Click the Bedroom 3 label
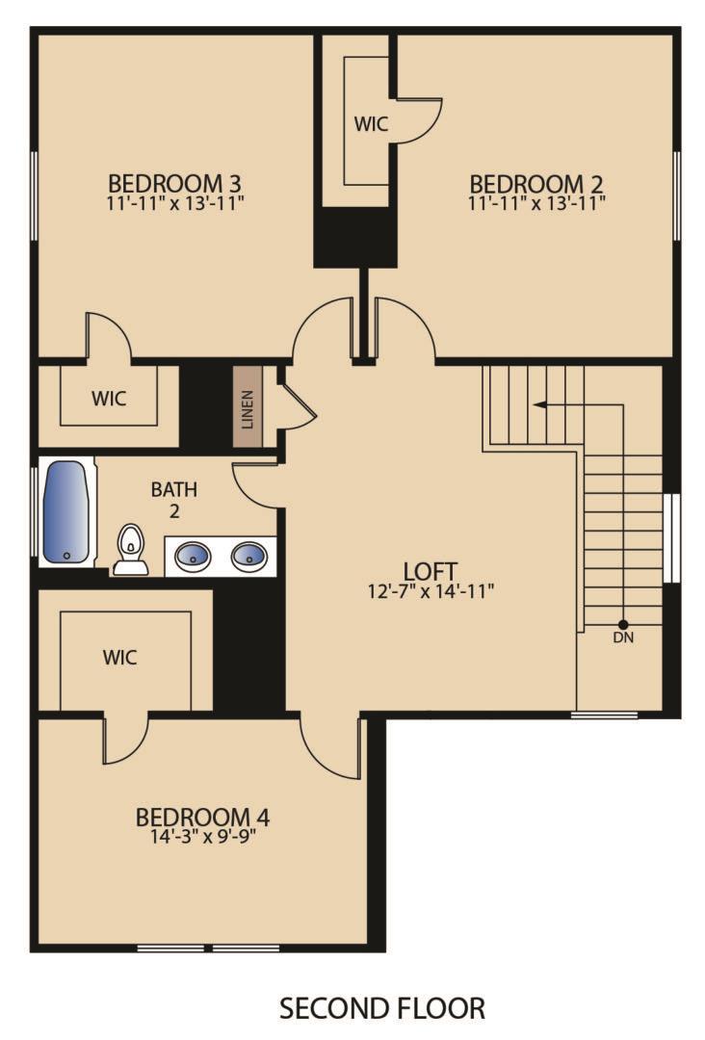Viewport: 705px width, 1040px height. [x=174, y=182]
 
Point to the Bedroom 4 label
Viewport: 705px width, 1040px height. [x=202, y=818]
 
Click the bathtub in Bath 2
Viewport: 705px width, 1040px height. [x=66, y=512]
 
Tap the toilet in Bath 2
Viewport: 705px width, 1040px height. [x=130, y=551]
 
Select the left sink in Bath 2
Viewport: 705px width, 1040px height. [x=193, y=556]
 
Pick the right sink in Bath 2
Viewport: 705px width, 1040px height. [x=248, y=556]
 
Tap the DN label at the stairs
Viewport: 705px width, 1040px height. [x=623, y=637]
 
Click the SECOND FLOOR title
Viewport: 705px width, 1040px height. [x=382, y=1008]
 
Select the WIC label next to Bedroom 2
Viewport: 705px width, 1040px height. [x=371, y=124]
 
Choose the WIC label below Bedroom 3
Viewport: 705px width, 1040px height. [x=109, y=398]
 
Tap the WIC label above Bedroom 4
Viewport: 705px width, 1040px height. [x=119, y=658]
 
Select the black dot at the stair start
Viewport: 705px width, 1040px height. [x=623, y=623]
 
